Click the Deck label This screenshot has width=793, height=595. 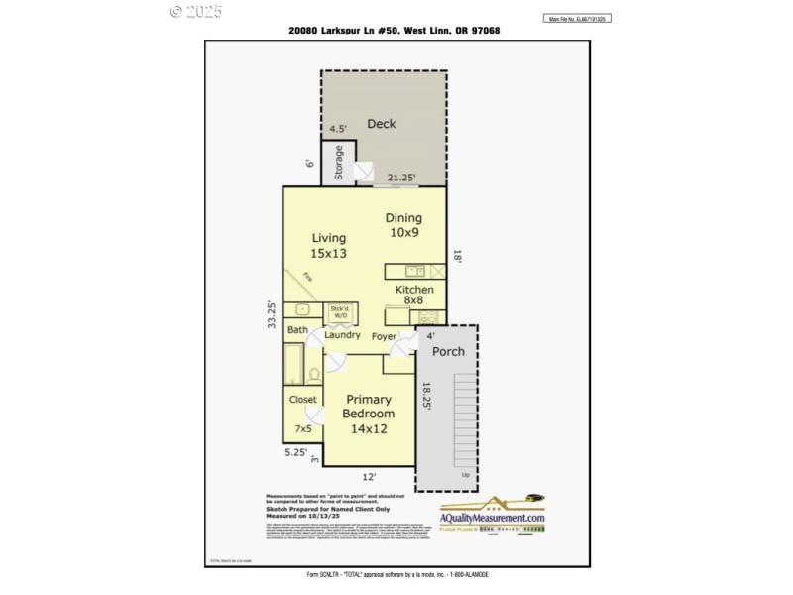pyautogui.click(x=382, y=124)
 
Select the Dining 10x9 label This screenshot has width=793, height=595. pyautogui.click(x=403, y=225)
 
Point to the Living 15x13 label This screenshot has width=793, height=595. pyautogui.click(x=329, y=245)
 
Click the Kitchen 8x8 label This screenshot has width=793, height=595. pyautogui.click(x=414, y=295)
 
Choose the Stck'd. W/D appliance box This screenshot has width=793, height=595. pyautogui.click(x=340, y=312)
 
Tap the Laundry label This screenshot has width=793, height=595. pyautogui.click(x=342, y=335)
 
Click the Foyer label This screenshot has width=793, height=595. pyautogui.click(x=384, y=336)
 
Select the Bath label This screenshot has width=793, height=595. pyautogui.click(x=297, y=330)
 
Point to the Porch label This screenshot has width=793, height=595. pyautogui.click(x=448, y=351)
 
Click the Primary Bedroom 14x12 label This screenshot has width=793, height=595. pyautogui.click(x=368, y=414)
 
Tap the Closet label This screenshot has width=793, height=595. pyautogui.click(x=303, y=400)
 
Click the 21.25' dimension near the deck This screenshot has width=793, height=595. pyautogui.click(x=400, y=178)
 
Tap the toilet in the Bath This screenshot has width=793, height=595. pyautogui.click(x=314, y=375)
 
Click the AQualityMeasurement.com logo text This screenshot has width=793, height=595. pyautogui.click(x=493, y=518)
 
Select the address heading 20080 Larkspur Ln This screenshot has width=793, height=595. pyautogui.click(x=394, y=31)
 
